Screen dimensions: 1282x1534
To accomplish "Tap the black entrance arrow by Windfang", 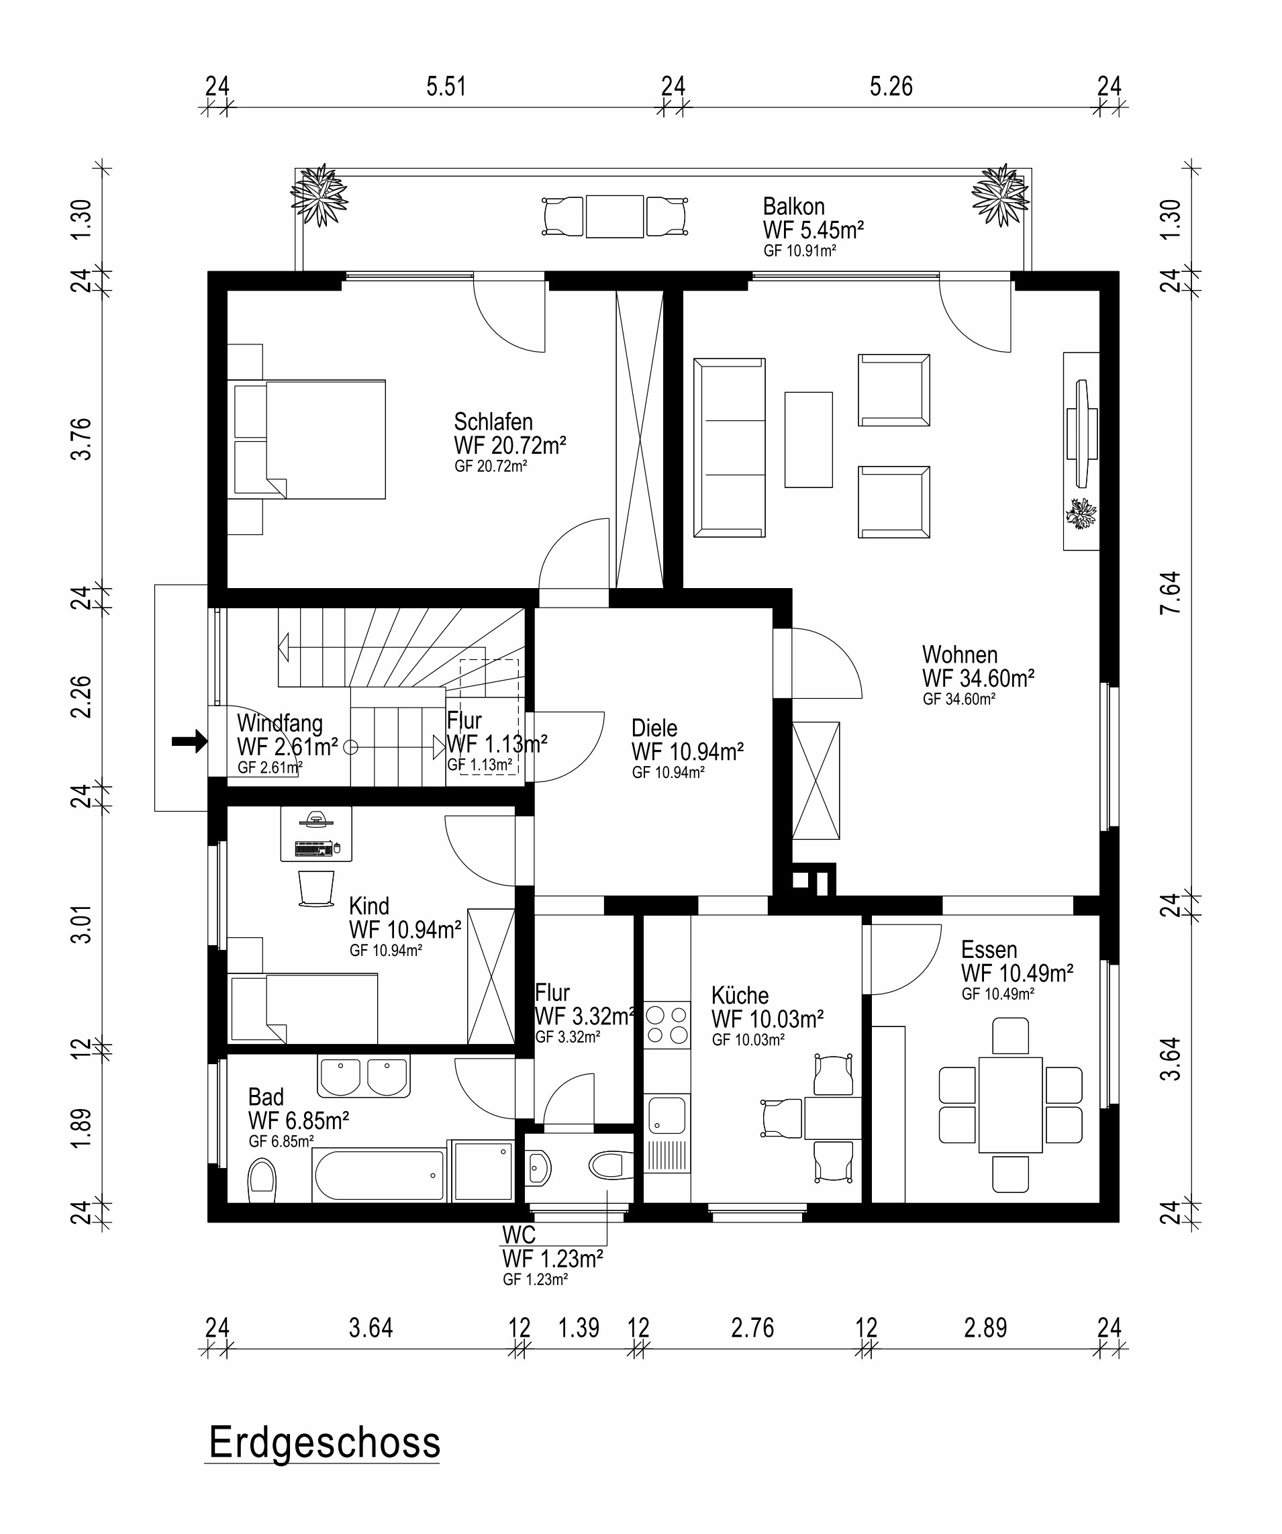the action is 190,741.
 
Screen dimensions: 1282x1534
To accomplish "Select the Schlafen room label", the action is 493,422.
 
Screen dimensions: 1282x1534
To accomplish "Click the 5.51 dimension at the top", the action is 446,86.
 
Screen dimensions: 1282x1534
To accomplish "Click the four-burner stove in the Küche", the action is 667,1025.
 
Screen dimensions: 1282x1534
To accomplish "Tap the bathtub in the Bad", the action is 379,1176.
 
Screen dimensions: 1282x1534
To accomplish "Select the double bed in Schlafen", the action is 307,439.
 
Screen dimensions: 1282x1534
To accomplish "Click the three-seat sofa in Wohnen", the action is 729,448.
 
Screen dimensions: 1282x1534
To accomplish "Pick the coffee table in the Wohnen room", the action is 809,440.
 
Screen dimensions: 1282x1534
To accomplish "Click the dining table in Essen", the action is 1010,1104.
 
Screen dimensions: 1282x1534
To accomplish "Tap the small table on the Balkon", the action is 614,216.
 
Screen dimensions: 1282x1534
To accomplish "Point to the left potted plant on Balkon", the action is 319,196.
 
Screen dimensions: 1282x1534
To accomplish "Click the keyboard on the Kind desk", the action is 313,848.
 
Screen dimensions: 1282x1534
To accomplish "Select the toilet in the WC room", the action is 611,1165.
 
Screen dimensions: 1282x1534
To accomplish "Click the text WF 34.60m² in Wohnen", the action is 978,678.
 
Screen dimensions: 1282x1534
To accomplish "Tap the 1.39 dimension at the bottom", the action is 579,1327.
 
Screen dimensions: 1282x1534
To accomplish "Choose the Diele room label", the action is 654,728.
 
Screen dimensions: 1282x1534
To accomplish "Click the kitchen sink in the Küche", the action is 667,1116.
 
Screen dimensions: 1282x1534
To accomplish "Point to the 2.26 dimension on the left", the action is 81,697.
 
